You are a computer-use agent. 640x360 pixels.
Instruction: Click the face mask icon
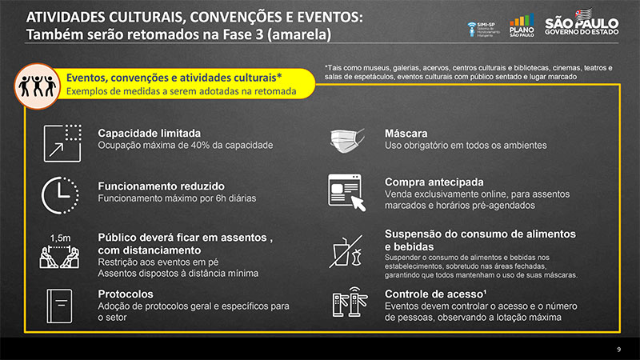(347, 141)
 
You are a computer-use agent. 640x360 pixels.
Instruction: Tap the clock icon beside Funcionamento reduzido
(60, 195)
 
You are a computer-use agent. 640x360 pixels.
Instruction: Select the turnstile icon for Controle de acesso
(350, 302)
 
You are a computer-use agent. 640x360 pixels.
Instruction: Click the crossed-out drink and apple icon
(346, 251)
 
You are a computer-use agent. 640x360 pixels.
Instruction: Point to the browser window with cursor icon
(346, 192)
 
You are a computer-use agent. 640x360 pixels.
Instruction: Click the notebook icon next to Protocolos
(59, 306)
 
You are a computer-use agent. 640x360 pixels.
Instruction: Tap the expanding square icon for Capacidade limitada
(62, 143)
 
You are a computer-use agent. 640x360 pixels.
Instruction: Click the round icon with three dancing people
(37, 86)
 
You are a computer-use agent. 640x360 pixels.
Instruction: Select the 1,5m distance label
(61, 238)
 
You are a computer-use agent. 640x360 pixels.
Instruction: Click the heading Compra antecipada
(434, 182)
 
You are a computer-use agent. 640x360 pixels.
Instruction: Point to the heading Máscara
(406, 134)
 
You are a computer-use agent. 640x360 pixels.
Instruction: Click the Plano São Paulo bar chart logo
(522, 26)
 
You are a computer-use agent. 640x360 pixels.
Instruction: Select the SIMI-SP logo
(484, 30)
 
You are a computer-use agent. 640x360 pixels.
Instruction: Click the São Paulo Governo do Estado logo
(582, 22)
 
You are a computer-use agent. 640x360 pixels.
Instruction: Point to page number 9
(618, 350)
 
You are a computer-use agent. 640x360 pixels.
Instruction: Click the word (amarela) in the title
(299, 34)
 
